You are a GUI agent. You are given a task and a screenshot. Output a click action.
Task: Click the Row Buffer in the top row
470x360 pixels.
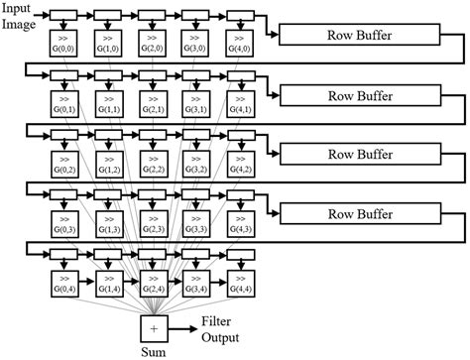tap(361, 36)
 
